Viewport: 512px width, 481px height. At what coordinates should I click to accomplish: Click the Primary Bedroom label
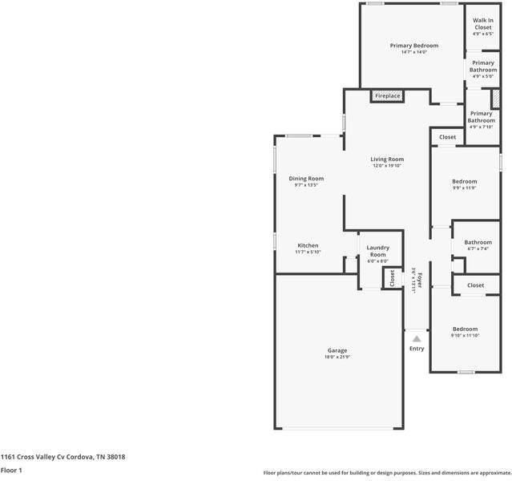coord(413,46)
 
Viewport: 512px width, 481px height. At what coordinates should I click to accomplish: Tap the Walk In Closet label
coord(482,24)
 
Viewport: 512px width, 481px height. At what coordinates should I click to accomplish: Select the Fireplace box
coord(387,96)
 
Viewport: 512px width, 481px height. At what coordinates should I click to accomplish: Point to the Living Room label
coord(386,160)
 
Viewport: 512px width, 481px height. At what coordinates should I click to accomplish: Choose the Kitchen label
coord(308,245)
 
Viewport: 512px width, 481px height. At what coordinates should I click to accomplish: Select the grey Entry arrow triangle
coord(417,339)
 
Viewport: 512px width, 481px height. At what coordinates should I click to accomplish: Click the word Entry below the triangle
coord(417,349)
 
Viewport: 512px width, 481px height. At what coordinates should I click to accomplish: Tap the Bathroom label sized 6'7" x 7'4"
coord(478,242)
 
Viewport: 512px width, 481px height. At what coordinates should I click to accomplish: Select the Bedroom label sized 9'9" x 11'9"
coord(465,182)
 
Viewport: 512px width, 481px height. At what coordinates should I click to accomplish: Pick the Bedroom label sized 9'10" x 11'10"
coord(465,329)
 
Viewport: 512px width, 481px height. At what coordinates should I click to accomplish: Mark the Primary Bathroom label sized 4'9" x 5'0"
coord(483,67)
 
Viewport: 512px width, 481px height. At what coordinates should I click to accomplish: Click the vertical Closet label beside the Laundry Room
coord(392,278)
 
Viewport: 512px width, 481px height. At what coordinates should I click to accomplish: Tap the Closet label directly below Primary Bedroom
coord(447,137)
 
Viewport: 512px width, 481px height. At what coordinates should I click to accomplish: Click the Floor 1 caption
coord(11,471)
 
